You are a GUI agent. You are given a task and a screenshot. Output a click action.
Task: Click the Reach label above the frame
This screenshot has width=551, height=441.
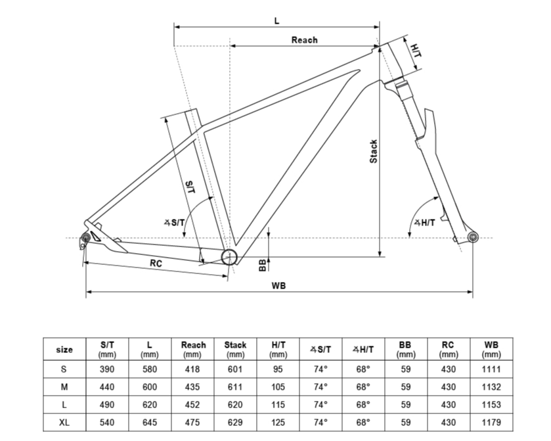[x=304, y=40]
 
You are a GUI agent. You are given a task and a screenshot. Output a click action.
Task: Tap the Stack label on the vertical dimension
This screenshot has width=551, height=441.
[x=374, y=152]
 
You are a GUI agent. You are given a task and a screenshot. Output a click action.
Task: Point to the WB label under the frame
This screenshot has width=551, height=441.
[x=278, y=285]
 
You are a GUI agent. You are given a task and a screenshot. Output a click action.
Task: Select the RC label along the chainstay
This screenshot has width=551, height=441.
[x=156, y=263]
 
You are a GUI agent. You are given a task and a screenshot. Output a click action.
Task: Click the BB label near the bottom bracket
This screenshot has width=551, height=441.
[x=263, y=265]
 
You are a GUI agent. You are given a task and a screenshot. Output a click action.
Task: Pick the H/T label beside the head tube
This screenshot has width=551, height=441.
[x=416, y=51]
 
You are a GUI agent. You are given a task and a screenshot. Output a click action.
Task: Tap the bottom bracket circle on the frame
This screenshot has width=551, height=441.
[x=229, y=257]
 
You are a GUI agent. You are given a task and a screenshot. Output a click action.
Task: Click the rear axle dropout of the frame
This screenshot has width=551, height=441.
[x=85, y=237]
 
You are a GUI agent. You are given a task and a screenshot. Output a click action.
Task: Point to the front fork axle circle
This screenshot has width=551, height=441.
[x=473, y=237]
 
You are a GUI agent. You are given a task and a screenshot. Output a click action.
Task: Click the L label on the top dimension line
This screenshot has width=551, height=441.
[x=277, y=21]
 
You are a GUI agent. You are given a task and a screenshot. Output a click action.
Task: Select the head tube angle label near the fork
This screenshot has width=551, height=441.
[x=424, y=223]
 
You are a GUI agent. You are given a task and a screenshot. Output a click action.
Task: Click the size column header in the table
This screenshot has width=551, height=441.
[x=64, y=350]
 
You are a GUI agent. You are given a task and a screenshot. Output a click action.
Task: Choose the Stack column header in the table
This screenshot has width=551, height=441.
[x=235, y=349]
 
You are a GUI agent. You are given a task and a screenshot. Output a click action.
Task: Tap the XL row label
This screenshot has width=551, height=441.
[x=64, y=423]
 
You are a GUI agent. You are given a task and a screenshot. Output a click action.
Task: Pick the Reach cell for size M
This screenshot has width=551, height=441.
[x=192, y=387]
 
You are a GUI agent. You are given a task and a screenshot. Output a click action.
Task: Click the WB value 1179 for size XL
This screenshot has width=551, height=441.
[x=491, y=423]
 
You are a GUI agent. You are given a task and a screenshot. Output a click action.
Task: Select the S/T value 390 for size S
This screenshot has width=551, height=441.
[x=107, y=369]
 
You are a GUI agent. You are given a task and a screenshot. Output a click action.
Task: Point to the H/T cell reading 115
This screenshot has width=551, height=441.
[x=278, y=405]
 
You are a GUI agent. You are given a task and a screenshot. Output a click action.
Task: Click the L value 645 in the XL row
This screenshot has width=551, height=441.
[x=149, y=423]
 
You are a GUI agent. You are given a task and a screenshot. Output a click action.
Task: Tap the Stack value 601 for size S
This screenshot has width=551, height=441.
[x=235, y=369]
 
